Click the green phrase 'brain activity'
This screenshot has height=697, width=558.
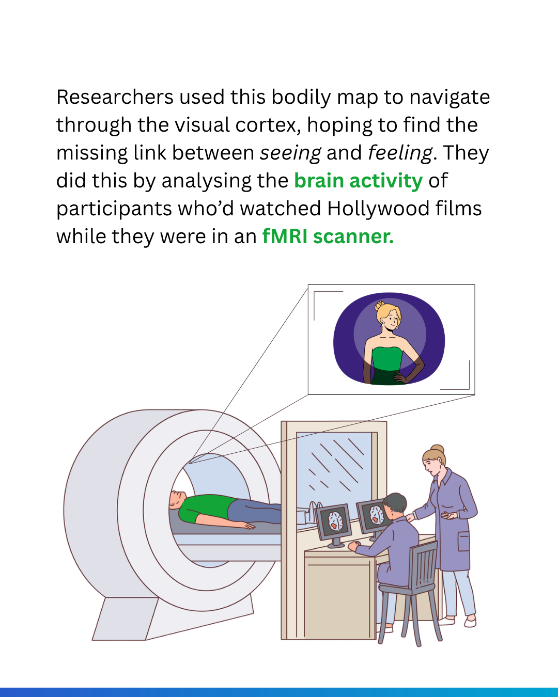pyautogui.click(x=358, y=181)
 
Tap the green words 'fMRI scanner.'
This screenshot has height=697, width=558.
pyautogui.click(x=328, y=236)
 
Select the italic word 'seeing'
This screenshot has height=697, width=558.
pyautogui.click(x=290, y=153)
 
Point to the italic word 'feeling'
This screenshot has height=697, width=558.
pyautogui.click(x=400, y=153)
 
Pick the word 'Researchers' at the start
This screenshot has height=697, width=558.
pyautogui.click(x=115, y=97)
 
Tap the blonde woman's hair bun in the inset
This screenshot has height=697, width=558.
pyautogui.click(x=380, y=306)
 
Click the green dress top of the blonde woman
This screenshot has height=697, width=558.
pyautogui.click(x=387, y=358)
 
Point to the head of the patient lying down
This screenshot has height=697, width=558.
pyautogui.click(x=177, y=499)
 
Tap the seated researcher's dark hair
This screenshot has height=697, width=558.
pyautogui.click(x=395, y=503)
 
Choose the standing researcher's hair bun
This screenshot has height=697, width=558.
pyautogui.click(x=438, y=449)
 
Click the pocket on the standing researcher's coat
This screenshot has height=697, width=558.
pyautogui.click(x=463, y=542)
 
